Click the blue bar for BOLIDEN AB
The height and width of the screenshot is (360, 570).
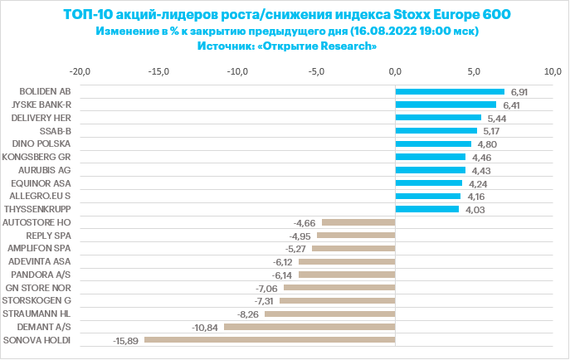[x=450, y=91]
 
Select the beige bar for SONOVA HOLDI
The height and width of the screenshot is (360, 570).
[x=270, y=340]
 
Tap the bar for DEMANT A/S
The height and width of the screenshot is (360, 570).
[x=309, y=327]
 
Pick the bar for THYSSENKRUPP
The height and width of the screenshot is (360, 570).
[x=427, y=209]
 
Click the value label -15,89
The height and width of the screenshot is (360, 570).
[x=125, y=340]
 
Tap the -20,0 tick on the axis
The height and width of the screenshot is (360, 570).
[x=80, y=71]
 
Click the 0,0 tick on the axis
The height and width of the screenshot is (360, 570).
[x=396, y=71]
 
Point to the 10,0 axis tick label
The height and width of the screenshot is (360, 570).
[x=553, y=71]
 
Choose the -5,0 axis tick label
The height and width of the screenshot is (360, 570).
[x=317, y=71]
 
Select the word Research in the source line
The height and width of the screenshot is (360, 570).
[x=347, y=46]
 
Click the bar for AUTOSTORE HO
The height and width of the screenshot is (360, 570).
[x=358, y=222]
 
